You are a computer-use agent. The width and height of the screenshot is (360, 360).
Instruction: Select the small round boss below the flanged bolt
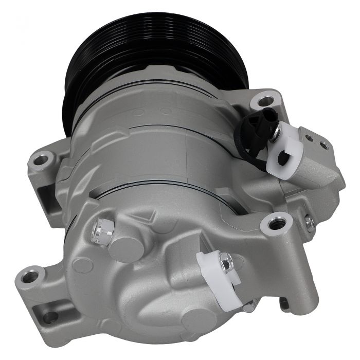click(x=83, y=265)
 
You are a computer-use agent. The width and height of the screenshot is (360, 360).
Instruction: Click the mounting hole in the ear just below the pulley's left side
click(x=41, y=160)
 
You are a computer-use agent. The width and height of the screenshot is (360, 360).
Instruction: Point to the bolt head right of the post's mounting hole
click(x=309, y=222)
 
